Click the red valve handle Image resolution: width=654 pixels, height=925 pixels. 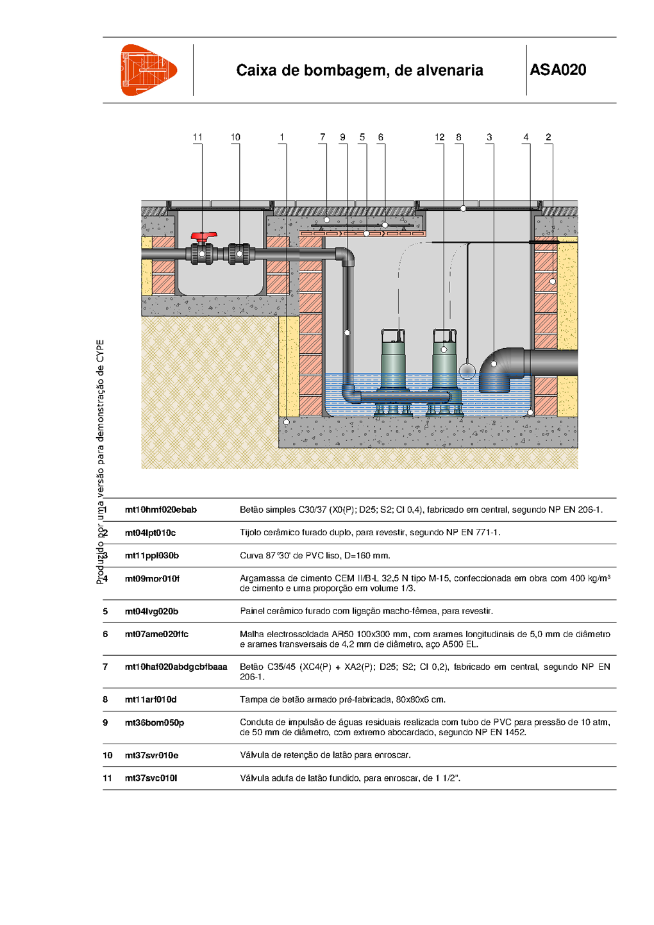point(204,236)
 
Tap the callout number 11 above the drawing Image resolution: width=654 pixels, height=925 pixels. point(197,137)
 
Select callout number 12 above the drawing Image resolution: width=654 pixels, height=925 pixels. point(439,137)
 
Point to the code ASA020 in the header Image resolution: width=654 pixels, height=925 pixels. point(558,70)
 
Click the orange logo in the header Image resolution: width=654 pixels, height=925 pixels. point(148,71)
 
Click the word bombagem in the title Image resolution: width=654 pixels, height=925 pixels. point(347,71)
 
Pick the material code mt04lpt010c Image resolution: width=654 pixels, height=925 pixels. point(150,533)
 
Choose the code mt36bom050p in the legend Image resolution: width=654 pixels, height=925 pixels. point(154,722)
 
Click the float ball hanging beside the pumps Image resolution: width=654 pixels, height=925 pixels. point(467,371)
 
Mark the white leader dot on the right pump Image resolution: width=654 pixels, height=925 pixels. point(444,349)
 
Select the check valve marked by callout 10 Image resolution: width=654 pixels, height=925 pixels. point(239,254)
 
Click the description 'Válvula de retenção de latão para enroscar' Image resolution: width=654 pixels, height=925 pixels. point(325,755)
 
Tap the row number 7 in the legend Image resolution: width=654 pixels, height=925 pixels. point(105,667)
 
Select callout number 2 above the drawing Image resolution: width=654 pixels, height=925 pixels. point(548,137)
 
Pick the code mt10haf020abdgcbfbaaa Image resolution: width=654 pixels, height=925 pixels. point(176,667)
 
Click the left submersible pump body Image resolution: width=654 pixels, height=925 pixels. point(393,363)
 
